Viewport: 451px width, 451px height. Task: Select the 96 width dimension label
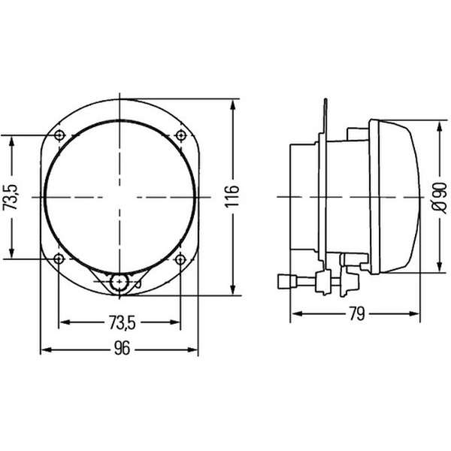pos(121,349)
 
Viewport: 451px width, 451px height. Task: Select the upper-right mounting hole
pos(180,135)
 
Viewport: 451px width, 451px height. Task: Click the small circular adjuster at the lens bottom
pos(118,283)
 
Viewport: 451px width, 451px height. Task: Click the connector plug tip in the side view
pos(283,282)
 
